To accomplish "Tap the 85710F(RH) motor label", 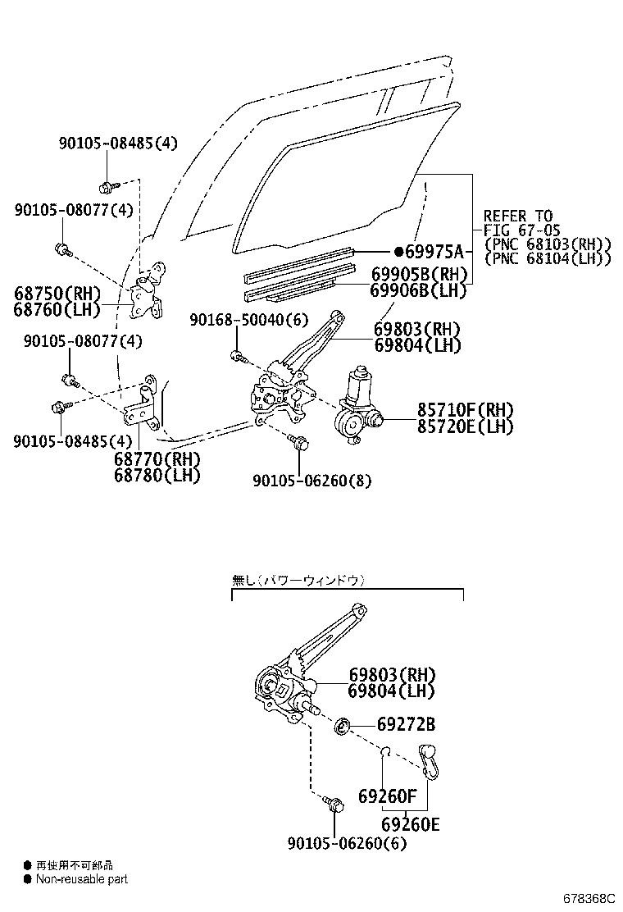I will [453, 409].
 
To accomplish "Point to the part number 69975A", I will [434, 251].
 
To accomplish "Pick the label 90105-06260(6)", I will [348, 843].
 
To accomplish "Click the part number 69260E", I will [410, 823].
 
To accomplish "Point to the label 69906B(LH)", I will [419, 290].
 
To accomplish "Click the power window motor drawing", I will [357, 406].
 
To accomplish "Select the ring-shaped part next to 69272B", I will [343, 726].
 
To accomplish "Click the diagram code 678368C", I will [588, 899].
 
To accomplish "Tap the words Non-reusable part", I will [81, 879].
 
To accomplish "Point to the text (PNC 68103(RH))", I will [548, 244].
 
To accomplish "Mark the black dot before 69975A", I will [398, 251].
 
